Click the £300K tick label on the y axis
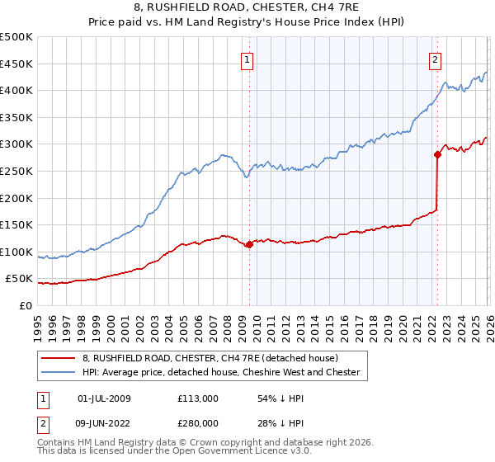(x=17, y=144)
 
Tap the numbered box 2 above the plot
(x=435, y=59)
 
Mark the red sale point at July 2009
(x=249, y=244)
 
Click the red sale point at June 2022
(x=437, y=153)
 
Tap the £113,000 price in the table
(x=197, y=398)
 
